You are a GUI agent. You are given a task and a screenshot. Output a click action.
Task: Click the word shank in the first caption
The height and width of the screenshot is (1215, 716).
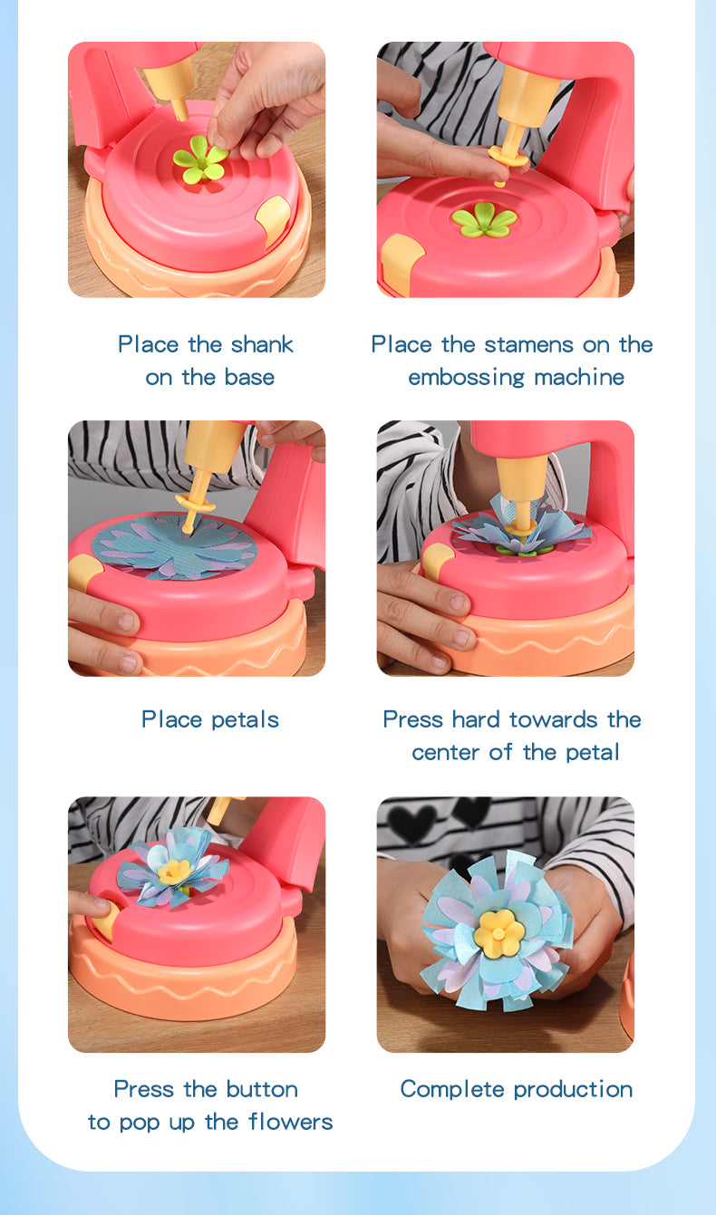pyautogui.click(x=262, y=344)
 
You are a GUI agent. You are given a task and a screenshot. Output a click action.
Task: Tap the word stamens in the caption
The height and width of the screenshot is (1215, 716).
pyautogui.click(x=529, y=344)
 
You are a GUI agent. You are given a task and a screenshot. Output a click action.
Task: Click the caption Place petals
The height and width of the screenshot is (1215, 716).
pyautogui.click(x=209, y=719)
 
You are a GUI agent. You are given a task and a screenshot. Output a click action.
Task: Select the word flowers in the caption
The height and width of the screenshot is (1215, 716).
pyautogui.click(x=290, y=1122)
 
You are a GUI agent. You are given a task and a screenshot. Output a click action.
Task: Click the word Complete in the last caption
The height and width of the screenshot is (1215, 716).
pyautogui.click(x=447, y=1089)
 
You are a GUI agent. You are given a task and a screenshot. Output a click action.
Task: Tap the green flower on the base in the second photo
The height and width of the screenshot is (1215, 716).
pyautogui.click(x=484, y=219)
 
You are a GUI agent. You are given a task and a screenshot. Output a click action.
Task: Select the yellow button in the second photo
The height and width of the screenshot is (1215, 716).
pyautogui.click(x=402, y=257)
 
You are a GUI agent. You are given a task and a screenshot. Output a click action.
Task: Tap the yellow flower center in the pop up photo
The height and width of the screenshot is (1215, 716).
pyautogui.click(x=174, y=871)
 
